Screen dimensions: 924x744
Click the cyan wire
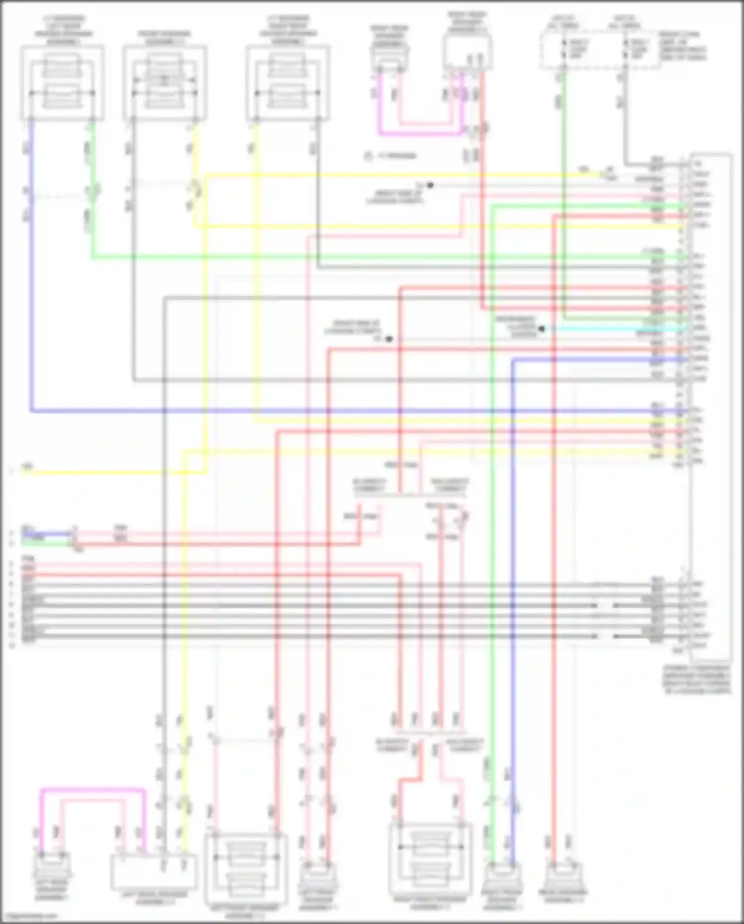click(615, 329)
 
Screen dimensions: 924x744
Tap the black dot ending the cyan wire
click(542, 329)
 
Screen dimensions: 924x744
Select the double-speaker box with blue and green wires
click(62, 83)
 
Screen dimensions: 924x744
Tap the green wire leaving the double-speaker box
click(92, 199)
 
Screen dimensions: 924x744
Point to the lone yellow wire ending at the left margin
click(99, 472)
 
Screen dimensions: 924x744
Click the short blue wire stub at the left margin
click(47, 534)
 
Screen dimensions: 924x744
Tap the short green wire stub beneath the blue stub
click(47, 544)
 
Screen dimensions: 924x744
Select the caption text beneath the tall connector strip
click(697, 680)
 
